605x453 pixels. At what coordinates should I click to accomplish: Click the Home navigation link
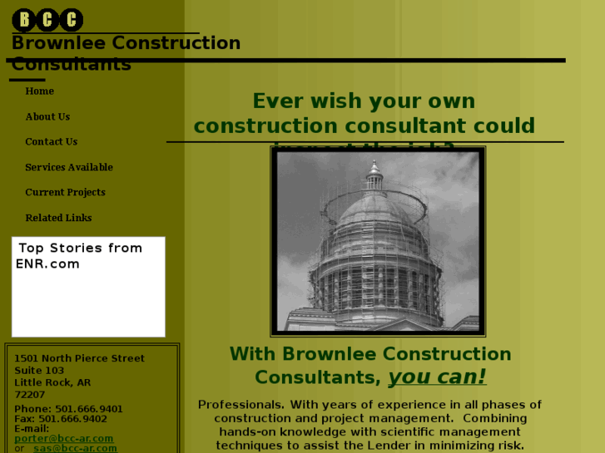[x=39, y=91]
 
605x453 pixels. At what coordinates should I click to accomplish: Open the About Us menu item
[x=47, y=117]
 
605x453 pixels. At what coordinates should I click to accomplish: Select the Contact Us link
[x=51, y=142]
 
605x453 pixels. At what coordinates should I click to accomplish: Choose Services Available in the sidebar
[x=69, y=168]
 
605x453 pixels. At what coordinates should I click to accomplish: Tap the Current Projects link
[x=65, y=193]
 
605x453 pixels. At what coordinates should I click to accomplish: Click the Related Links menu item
[x=58, y=219]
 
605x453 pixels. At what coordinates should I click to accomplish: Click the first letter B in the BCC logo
[x=25, y=20]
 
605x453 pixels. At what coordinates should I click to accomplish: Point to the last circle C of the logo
[x=72, y=20]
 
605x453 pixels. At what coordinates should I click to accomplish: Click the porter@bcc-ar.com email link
[x=64, y=439]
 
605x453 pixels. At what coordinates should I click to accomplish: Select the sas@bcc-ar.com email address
[x=75, y=449]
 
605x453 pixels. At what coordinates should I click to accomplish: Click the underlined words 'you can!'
[x=437, y=377]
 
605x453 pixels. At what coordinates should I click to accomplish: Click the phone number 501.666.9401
[x=89, y=409]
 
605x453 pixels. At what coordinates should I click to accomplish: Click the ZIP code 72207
[x=30, y=395]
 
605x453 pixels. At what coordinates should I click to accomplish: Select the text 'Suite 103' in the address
[x=39, y=371]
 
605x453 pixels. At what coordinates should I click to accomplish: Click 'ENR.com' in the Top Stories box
[x=47, y=264]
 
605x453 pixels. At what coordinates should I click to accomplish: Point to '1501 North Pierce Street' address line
[x=79, y=359]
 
